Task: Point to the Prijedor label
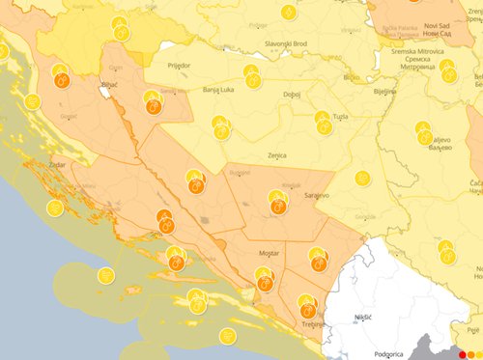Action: click(179, 65)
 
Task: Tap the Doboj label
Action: click(290, 95)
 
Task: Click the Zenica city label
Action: click(276, 153)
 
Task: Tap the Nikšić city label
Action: click(362, 317)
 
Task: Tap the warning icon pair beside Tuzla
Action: click(323, 121)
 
